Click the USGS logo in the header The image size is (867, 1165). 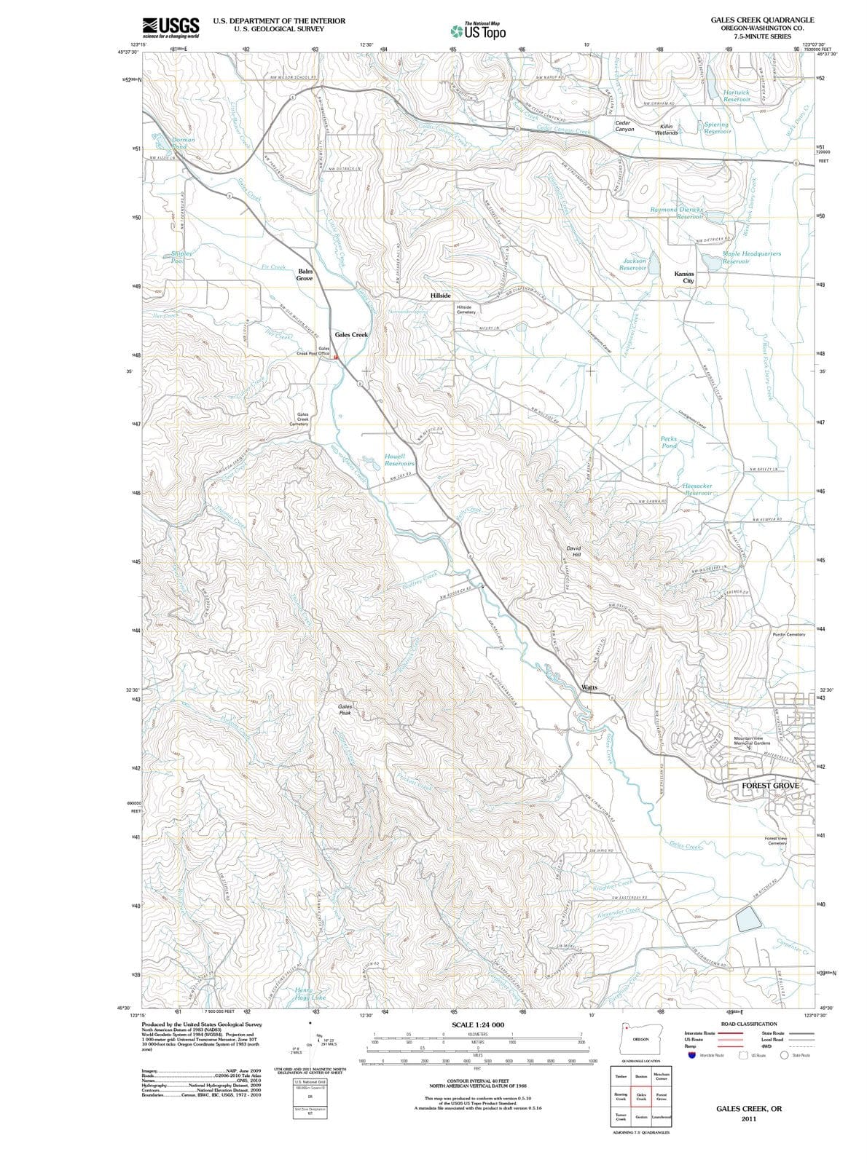click(171, 27)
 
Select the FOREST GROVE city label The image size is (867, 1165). click(770, 786)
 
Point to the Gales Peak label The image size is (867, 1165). click(345, 710)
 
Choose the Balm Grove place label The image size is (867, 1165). click(305, 275)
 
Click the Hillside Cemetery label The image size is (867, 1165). click(464, 309)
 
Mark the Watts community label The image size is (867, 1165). click(589, 687)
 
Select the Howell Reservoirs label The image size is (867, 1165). click(399, 459)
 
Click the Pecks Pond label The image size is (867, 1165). click(669, 442)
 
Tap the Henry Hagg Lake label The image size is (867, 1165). click(310, 994)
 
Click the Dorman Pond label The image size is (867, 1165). click(179, 143)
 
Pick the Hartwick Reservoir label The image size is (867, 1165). click(737, 95)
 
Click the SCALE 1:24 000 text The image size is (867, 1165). click(478, 1024)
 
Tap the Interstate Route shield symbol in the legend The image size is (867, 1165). click(692, 1055)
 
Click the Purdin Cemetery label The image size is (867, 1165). click(789, 634)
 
